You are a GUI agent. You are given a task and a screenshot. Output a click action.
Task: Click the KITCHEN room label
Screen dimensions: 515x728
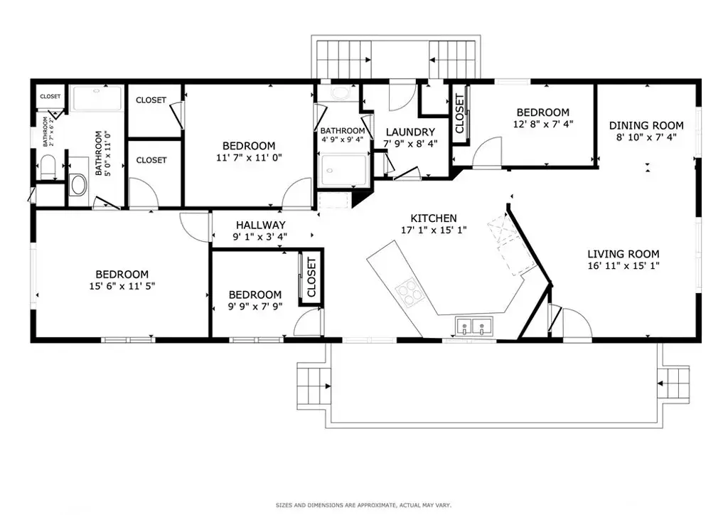(434, 218)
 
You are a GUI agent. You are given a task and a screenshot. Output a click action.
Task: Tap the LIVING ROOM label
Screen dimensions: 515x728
(623, 254)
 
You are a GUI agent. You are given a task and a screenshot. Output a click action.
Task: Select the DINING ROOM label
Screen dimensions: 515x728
(646, 126)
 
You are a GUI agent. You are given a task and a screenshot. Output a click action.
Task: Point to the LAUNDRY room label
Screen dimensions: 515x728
(410, 132)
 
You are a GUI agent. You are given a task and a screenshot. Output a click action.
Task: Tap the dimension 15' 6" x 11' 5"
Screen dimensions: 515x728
(122, 287)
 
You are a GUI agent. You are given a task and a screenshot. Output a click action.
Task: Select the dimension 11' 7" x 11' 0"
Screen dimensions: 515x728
(248, 158)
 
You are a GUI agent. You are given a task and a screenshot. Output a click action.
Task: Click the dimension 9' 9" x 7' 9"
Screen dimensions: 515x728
(255, 307)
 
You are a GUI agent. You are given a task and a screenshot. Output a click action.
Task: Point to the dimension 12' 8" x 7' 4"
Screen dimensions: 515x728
(542, 124)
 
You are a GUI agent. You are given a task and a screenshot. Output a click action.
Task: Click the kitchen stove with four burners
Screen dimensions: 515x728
(407, 292)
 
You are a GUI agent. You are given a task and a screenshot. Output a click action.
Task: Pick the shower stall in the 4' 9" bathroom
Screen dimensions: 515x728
(344, 171)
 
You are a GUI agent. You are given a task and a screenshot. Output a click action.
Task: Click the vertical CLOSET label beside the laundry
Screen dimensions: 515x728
(459, 114)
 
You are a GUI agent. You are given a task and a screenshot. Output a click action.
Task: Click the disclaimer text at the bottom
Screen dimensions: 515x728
(363, 506)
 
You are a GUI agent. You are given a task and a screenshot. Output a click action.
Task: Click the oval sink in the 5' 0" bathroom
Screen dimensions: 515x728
(78, 187)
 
